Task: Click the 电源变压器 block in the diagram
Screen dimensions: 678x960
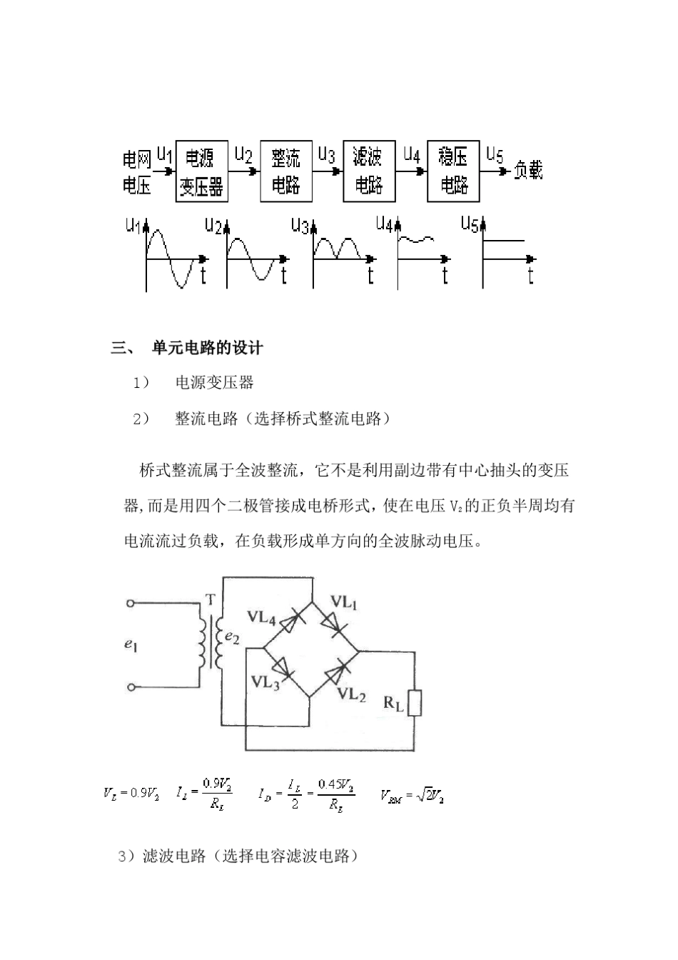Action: coord(201,171)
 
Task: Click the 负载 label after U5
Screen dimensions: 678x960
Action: coord(528,171)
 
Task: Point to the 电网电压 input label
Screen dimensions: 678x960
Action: coord(137,172)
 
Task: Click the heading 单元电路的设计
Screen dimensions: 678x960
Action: coord(208,349)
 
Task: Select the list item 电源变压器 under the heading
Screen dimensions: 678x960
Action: coord(215,383)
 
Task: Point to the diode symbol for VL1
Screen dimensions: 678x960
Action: coord(334,625)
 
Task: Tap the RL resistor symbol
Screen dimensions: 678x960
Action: coord(415,703)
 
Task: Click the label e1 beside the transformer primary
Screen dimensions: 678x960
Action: coord(131,645)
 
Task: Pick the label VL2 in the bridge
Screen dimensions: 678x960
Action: coord(351,694)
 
